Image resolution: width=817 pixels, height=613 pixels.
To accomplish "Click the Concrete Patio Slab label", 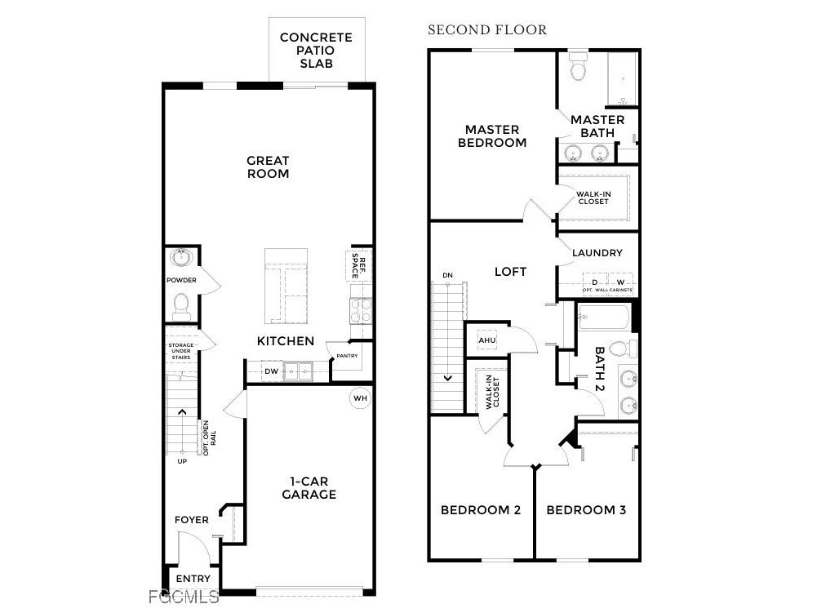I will [x=316, y=50].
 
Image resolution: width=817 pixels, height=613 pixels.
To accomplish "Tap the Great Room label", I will [x=268, y=167].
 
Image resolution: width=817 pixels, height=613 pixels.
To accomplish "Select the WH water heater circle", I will [x=360, y=398].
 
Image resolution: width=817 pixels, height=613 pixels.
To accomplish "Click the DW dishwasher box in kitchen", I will [x=272, y=372].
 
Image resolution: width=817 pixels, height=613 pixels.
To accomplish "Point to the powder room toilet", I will [x=181, y=306].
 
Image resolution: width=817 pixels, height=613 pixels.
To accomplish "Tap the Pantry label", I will [x=347, y=356].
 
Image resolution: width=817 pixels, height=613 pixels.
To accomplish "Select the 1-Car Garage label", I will [x=309, y=488].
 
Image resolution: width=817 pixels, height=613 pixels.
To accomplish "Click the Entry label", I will [x=193, y=579].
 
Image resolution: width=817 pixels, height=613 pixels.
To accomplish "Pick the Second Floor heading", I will [x=487, y=30].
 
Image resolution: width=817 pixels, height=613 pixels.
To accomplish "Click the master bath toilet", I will [x=579, y=67].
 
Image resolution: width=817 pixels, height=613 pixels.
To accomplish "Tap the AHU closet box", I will [x=487, y=340].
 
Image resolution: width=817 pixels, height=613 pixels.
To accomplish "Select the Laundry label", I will [x=597, y=253].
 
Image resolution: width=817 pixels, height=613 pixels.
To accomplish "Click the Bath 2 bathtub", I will [x=603, y=317].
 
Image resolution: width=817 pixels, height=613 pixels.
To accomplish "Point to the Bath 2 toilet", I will [x=620, y=349].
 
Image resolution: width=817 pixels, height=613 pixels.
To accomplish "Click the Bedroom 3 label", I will [x=586, y=510].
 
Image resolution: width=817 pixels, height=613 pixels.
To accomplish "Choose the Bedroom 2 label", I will [x=480, y=510].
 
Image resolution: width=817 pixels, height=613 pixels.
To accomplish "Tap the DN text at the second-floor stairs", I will [x=447, y=275].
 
